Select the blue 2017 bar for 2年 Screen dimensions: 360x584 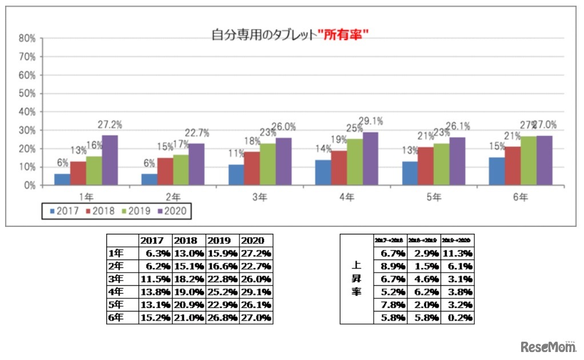tap(149, 179)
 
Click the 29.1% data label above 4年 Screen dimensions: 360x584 tap(371, 121)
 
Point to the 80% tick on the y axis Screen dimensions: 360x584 tap(28, 39)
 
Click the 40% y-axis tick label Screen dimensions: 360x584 tap(28, 112)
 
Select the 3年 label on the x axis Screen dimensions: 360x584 tap(261, 197)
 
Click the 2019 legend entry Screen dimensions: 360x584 tap(135, 211)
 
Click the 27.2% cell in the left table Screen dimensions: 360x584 tap(255, 253)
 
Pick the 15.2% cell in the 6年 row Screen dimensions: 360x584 tap(155, 318)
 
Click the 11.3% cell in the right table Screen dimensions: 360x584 tap(457, 253)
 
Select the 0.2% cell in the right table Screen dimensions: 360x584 tap(457, 318)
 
